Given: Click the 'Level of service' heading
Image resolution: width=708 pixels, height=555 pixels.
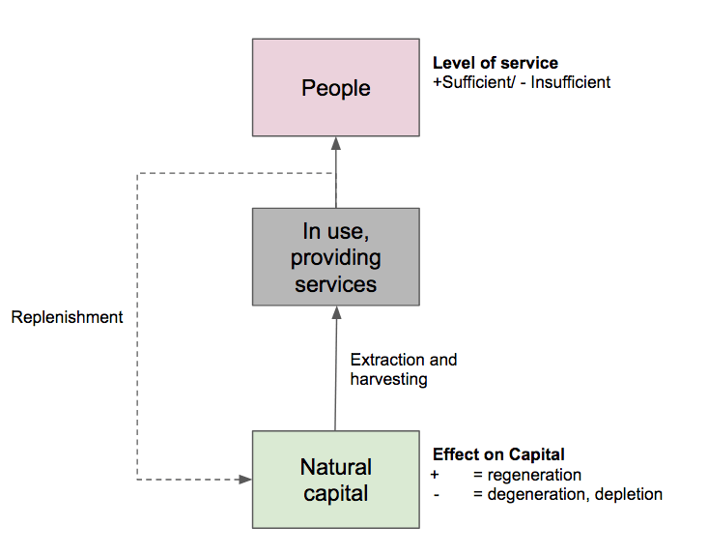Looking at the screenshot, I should (495, 64).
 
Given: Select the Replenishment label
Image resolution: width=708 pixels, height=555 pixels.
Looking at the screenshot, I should (68, 317).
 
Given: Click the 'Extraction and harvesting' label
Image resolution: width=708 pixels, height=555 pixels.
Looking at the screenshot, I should (403, 369).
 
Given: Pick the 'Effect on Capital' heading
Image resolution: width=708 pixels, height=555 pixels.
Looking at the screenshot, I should (498, 454).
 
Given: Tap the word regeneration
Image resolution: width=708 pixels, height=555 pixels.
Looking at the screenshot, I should (535, 475).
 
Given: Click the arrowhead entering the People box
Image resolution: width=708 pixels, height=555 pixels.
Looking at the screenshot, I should (336, 143).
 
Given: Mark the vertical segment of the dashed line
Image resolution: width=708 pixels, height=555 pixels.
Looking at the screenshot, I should (138, 387).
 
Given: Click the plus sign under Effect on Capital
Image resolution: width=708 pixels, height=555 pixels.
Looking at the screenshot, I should (435, 475).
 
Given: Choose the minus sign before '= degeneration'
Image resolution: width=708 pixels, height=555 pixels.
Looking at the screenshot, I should (438, 494).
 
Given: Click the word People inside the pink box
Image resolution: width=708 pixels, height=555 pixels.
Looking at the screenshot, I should (335, 88).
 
